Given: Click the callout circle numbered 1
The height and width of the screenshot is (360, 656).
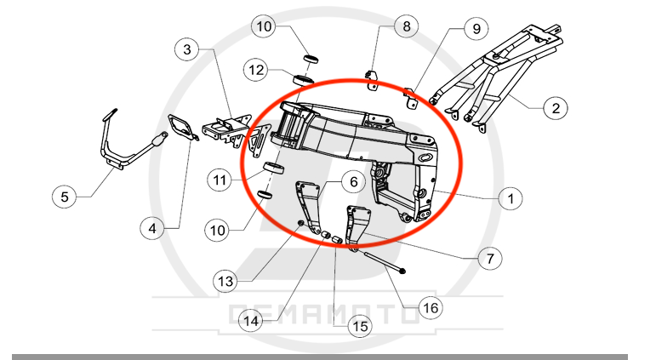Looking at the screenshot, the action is (x=511, y=198).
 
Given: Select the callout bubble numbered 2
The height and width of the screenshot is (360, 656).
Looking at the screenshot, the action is (x=556, y=108).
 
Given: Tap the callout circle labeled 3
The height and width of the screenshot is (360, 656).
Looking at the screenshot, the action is (x=187, y=49).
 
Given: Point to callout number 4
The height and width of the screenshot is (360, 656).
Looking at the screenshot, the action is (x=152, y=228).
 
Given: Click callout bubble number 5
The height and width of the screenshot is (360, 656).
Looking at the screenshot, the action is (x=65, y=197).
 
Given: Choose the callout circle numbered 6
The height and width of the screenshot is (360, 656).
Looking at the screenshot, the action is (x=353, y=181).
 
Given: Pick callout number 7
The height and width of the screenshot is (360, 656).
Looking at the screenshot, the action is (x=490, y=258).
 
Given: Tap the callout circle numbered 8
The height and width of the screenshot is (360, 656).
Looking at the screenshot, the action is (x=406, y=26).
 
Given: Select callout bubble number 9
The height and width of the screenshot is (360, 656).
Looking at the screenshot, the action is (x=476, y=28).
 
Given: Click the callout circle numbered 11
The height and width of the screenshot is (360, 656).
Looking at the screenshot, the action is (x=220, y=180).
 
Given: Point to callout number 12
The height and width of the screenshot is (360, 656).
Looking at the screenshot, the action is (x=256, y=70).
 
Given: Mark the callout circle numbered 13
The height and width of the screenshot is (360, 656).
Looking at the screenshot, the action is (x=225, y=281).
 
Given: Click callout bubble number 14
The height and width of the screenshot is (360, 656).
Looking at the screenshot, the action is (x=251, y=321).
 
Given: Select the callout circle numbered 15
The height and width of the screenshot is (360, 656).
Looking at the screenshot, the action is (x=360, y=326).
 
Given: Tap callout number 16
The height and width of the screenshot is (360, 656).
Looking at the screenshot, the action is (x=431, y=308).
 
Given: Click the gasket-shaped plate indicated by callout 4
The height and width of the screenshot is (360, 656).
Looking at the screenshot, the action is (x=182, y=128).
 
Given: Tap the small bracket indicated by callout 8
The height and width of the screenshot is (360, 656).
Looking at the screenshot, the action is (x=372, y=80).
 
